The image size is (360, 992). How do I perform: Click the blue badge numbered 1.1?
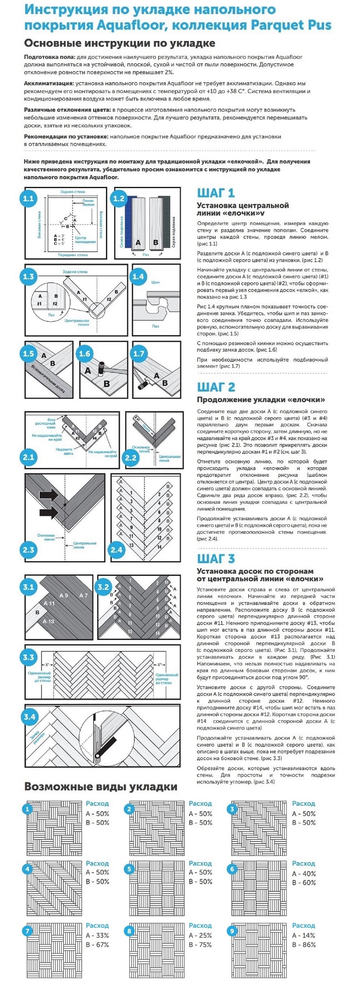point(29,199)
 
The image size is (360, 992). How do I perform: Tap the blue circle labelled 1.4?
point(138,277)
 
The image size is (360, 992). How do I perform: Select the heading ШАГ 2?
point(216,387)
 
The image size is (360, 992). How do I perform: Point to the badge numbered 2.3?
point(29,549)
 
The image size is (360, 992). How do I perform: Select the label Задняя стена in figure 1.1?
point(72,191)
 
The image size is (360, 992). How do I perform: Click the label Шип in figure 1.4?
point(155,282)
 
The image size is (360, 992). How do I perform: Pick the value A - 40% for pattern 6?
point(304,874)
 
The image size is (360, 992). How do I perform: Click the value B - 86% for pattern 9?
point(304,944)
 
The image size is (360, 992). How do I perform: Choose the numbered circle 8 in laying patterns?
point(130,931)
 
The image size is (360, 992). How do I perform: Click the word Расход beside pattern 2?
point(200,803)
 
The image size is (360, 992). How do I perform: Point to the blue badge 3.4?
point(30,717)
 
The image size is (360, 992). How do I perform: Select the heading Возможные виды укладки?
point(101,786)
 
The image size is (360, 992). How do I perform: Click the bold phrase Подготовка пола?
point(49,57)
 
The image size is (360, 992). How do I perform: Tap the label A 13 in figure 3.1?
point(49,621)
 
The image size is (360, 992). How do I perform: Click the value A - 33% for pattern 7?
point(97,935)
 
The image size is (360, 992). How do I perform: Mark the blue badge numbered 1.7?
point(138,353)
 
